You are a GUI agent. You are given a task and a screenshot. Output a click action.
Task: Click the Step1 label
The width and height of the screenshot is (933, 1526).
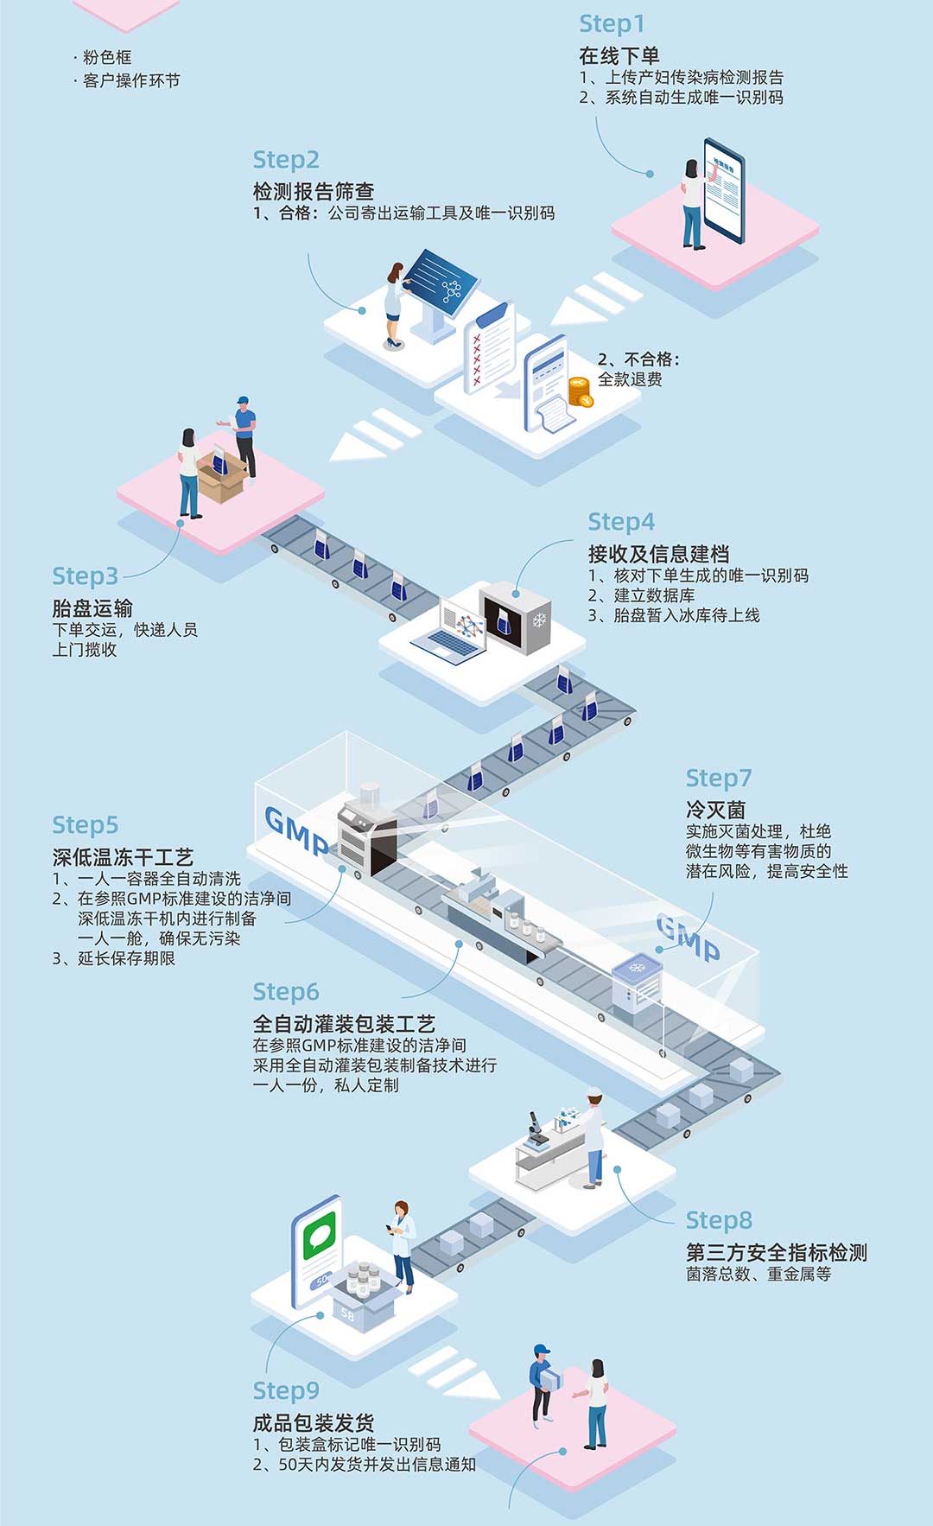612,24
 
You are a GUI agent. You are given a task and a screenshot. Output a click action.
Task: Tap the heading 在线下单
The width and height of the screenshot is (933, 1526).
619,56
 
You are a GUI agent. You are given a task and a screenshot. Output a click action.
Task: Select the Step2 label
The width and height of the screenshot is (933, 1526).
286,160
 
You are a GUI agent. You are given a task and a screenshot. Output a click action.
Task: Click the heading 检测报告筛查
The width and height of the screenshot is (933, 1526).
313,191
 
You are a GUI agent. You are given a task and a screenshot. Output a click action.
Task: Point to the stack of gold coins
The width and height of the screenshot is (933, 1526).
580,391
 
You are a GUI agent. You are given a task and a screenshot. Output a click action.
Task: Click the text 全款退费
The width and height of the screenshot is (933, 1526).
630,379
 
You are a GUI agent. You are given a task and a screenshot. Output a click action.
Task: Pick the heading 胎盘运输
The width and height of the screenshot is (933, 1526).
92,607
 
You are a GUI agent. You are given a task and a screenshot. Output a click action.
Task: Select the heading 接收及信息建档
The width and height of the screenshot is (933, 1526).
658,554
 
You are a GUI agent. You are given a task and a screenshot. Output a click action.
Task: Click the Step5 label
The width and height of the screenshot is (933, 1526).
86,825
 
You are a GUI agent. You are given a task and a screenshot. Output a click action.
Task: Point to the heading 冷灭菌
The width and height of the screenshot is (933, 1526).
715,810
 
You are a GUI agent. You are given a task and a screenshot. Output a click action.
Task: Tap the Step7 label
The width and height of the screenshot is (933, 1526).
719,779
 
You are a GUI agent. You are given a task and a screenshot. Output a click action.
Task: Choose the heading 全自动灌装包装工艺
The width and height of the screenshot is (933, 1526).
344,1024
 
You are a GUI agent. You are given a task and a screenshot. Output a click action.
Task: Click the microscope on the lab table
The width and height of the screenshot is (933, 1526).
536,1131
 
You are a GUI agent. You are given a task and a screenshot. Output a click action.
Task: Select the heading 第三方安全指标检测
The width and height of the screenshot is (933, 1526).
776,1252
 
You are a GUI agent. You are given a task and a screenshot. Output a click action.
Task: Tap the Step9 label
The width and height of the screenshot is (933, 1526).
286,1390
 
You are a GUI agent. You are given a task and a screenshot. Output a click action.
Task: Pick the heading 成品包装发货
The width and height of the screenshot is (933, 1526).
313,1422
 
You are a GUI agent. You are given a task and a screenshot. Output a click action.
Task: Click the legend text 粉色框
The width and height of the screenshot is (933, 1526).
107,58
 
